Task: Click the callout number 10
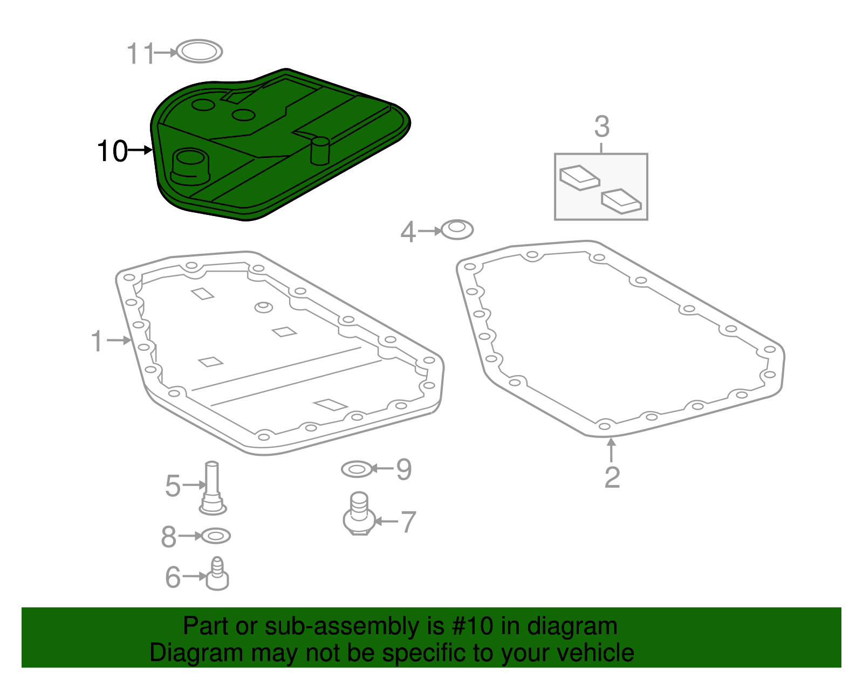pos(112,151)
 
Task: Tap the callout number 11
pos(140,54)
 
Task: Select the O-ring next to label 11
pos(200,52)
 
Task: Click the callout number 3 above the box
pos(601,127)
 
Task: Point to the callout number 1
pos(97,342)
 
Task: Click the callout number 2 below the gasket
pos(612,477)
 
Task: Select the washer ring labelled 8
pos(215,536)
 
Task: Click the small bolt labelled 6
pos(218,575)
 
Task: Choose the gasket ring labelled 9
pos(357,469)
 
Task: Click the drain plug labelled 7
pos(359,515)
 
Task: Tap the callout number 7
pos(408,522)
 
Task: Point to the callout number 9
pos(403,469)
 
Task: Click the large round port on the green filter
pos(189,165)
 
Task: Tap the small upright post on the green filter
pos(320,150)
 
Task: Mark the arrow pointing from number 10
pos(141,150)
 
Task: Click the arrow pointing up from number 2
pos(611,450)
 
